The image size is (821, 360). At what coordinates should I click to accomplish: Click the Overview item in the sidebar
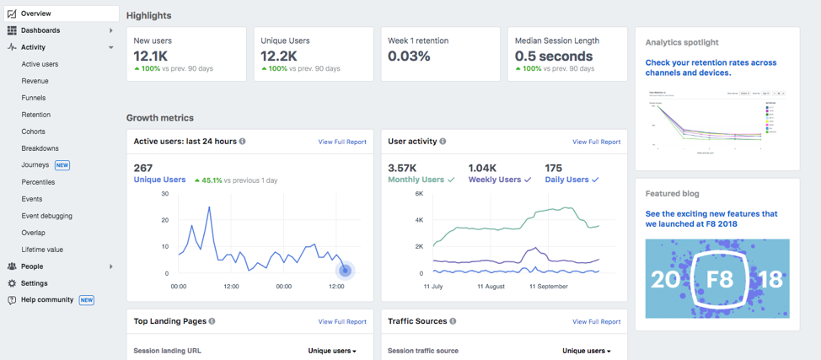point(35,13)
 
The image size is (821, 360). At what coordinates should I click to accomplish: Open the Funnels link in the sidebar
point(34,98)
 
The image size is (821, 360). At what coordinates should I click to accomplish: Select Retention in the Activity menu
point(36,115)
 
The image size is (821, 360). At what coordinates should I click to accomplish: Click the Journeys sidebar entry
point(35,165)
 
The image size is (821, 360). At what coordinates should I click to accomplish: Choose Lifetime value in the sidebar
point(42,250)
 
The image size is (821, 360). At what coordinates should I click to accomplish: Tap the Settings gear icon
point(12,283)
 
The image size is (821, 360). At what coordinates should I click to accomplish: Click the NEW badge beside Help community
point(86,300)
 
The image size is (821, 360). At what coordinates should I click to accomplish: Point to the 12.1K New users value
point(153,56)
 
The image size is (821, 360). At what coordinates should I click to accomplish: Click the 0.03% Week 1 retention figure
point(409,56)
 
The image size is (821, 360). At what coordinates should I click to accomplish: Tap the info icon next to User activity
point(443,142)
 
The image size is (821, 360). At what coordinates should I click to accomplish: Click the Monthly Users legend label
point(416,180)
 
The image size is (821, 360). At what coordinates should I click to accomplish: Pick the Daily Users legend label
point(566,180)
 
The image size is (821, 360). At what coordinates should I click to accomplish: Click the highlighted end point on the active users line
point(345,270)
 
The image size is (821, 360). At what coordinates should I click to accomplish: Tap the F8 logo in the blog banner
point(718,279)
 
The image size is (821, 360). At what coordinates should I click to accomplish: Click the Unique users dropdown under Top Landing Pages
point(331,351)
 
